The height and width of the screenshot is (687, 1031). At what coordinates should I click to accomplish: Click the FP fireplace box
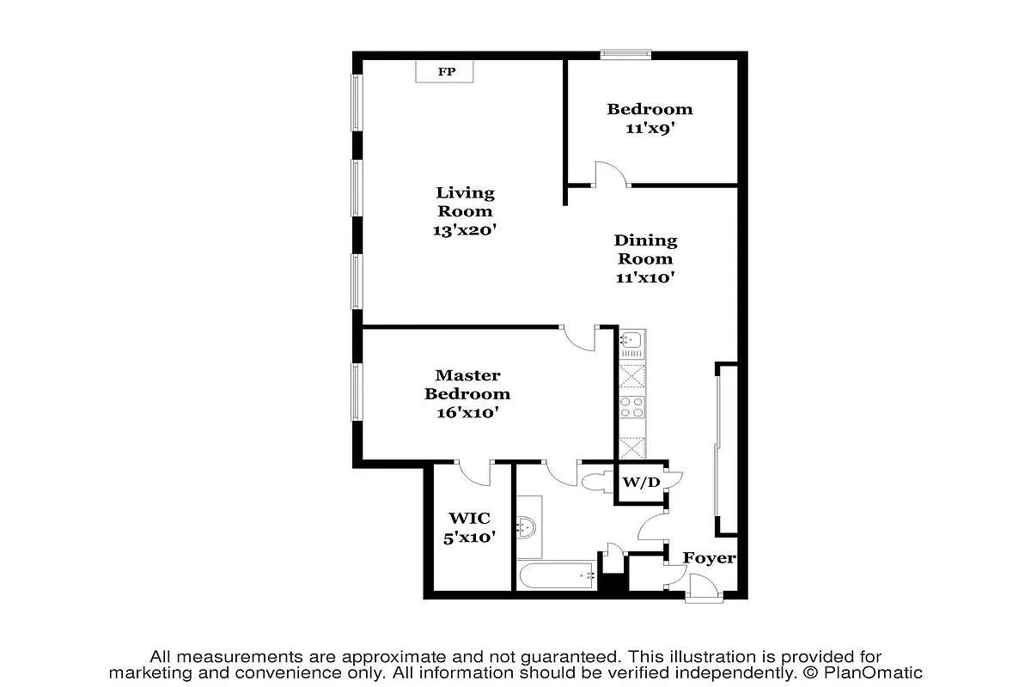446,71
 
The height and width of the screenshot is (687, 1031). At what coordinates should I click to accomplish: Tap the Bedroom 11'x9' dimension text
650,129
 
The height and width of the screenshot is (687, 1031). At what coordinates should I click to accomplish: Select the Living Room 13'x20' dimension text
466,230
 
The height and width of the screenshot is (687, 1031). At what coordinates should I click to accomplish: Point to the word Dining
645,240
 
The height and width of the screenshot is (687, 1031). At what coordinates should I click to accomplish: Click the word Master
467,375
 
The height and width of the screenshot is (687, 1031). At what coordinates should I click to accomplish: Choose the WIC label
469,519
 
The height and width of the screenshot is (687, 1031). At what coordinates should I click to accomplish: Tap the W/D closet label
640,482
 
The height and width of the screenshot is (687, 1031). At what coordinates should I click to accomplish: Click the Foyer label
709,558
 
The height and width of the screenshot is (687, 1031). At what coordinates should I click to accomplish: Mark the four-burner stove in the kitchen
632,407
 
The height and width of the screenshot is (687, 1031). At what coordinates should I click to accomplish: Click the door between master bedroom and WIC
473,470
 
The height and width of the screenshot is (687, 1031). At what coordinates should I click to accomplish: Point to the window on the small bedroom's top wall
625,55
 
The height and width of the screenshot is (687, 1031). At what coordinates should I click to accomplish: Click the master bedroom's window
356,392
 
